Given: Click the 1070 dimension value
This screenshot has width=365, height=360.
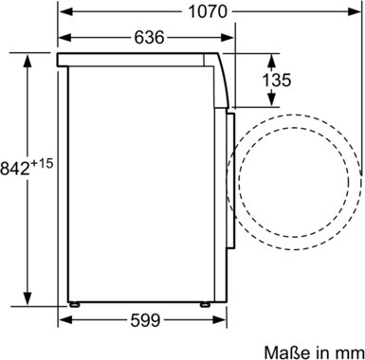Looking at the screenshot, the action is coord(208,12).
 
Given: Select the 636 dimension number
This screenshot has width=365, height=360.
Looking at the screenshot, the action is coord(150,38).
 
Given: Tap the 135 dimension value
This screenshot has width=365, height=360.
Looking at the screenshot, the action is coord(277,80).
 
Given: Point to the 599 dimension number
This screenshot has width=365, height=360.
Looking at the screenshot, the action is coord(145,321).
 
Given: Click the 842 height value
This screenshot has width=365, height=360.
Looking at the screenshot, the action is coord(15,169).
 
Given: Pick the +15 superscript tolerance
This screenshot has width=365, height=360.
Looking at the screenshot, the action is coord(42,163).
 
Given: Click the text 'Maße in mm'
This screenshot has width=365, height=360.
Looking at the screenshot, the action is coord(314,352).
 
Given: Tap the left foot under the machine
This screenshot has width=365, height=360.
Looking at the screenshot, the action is coord(75,304).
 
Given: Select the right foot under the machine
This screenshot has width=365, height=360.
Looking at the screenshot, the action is coord(205,304).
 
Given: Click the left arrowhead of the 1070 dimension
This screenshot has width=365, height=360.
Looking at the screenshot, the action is coord(66,12).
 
